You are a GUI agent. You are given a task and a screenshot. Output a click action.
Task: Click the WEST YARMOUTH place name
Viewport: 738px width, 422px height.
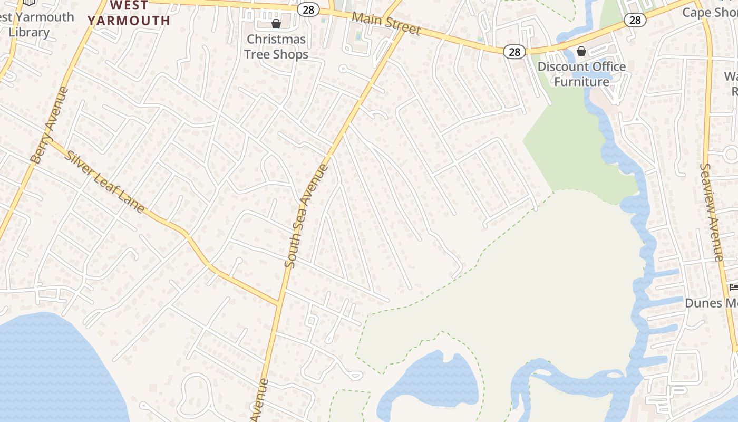129,13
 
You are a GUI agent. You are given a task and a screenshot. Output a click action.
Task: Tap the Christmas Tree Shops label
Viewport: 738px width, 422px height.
276,46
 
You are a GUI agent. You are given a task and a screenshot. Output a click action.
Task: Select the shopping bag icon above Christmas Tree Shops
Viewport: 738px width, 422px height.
276,24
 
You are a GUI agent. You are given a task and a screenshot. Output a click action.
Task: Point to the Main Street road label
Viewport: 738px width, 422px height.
386,24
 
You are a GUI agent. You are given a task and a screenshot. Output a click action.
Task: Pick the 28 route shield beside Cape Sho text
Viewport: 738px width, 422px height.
635,20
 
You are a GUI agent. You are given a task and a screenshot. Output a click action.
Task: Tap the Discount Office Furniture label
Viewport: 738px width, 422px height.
581,74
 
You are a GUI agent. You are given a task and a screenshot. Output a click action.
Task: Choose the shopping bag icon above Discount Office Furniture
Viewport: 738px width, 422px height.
581,51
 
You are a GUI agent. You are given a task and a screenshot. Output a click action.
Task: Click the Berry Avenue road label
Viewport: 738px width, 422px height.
50,125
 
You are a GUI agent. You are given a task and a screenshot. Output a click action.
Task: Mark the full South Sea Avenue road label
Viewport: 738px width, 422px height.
307,216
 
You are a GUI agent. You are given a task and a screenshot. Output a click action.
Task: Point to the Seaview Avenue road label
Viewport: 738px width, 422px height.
711,212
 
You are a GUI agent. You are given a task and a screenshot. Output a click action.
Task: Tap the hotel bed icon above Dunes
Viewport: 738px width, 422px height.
733,287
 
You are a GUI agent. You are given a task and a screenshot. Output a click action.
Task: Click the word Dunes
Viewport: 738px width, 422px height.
703,303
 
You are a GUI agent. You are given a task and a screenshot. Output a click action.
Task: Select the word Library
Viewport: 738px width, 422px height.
29,32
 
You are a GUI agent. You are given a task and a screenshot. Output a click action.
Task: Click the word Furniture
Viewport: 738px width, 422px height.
581,82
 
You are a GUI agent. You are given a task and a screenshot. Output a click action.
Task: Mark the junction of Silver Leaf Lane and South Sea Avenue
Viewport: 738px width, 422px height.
278,304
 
